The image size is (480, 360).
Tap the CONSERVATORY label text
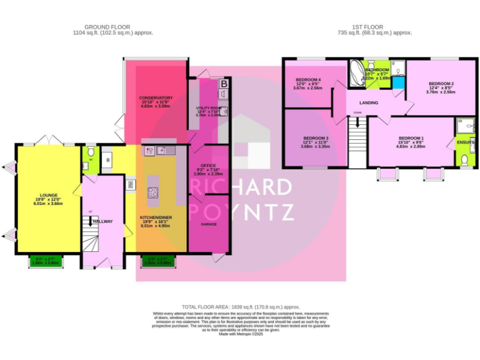pos(155,98)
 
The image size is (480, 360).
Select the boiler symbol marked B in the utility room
pos(223,82)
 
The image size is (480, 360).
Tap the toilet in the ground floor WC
pos(91,152)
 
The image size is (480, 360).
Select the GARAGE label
pos(208,223)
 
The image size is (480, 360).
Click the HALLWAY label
pos(102,221)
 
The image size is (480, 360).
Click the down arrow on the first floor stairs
pos(357,123)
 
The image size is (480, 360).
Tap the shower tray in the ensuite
pos(466,127)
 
